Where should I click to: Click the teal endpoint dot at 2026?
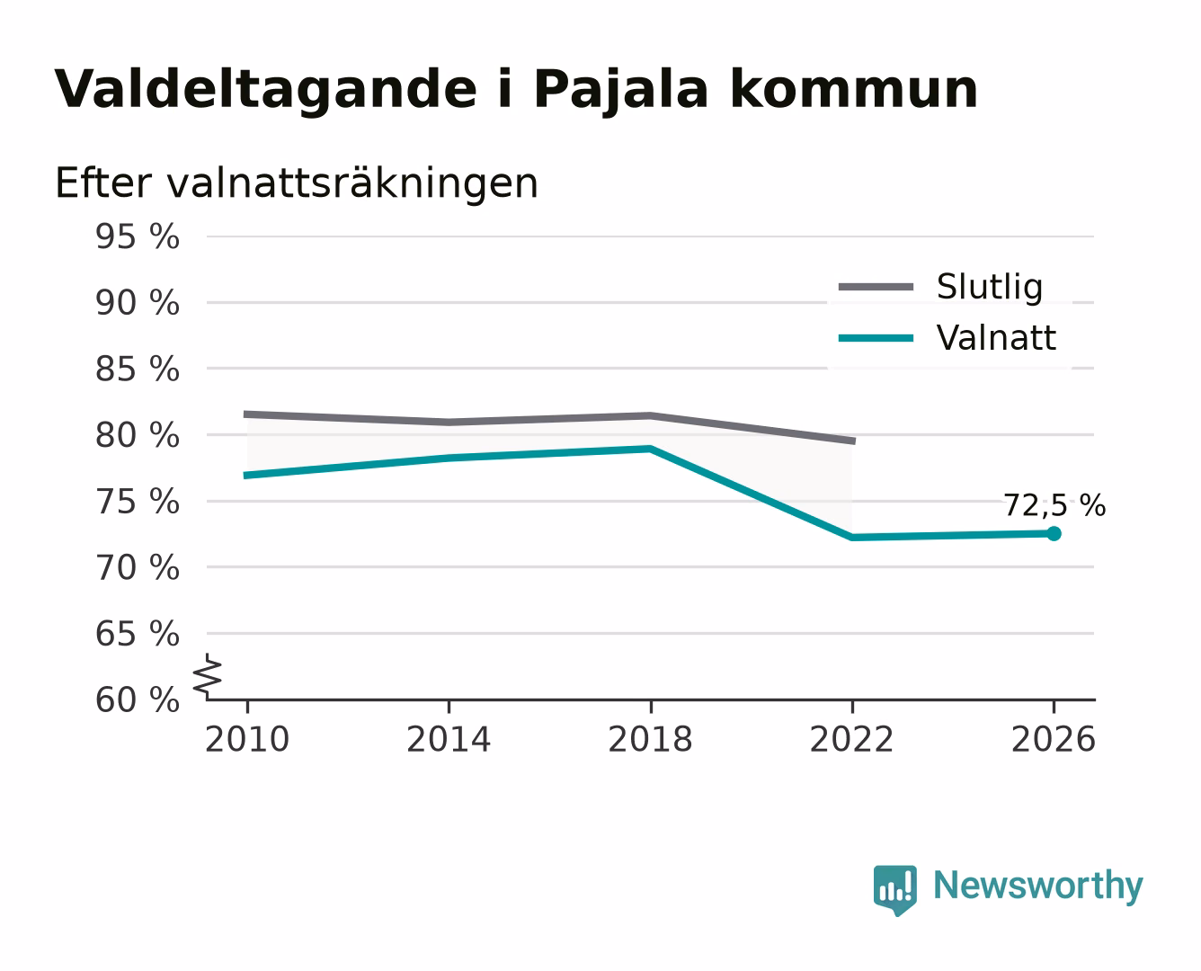(1054, 533)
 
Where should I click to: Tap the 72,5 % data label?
(1054, 505)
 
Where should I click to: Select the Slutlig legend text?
(990, 287)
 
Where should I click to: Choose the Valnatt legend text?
(996, 338)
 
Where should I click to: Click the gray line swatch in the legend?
(876, 287)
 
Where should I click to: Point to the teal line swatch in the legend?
(876, 338)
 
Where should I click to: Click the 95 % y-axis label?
(137, 236)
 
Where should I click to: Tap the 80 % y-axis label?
(137, 436)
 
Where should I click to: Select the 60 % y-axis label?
(137, 700)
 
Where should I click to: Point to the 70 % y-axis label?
(137, 568)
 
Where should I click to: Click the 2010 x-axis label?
(247, 739)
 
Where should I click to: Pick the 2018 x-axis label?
(650, 739)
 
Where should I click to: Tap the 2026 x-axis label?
(1054, 739)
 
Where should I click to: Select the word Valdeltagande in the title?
(266, 89)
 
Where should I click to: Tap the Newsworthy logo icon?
(894, 890)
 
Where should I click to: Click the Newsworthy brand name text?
(1038, 886)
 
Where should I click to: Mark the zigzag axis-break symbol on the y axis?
(207, 677)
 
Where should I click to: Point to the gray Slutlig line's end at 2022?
(854, 441)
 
